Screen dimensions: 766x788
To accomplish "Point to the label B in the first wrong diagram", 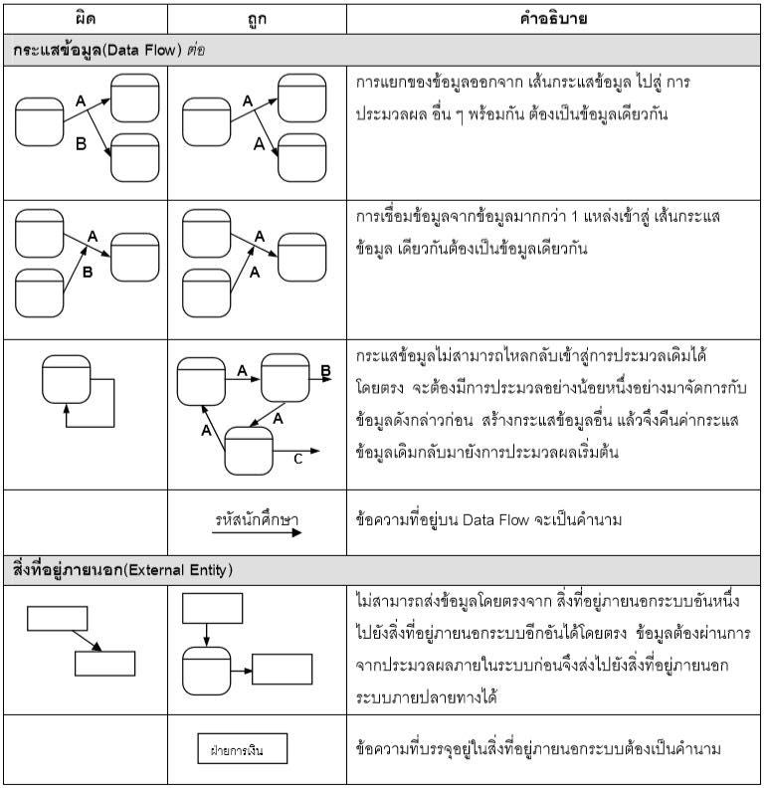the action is click(82, 145).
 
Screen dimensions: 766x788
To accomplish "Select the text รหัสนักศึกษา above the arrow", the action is click(257, 520).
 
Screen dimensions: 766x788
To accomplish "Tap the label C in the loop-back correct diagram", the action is click(297, 458).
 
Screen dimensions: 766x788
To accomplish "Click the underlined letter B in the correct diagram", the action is click(324, 371).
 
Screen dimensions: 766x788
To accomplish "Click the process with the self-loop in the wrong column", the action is click(67, 377).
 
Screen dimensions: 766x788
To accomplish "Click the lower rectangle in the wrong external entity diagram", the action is click(104, 662).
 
